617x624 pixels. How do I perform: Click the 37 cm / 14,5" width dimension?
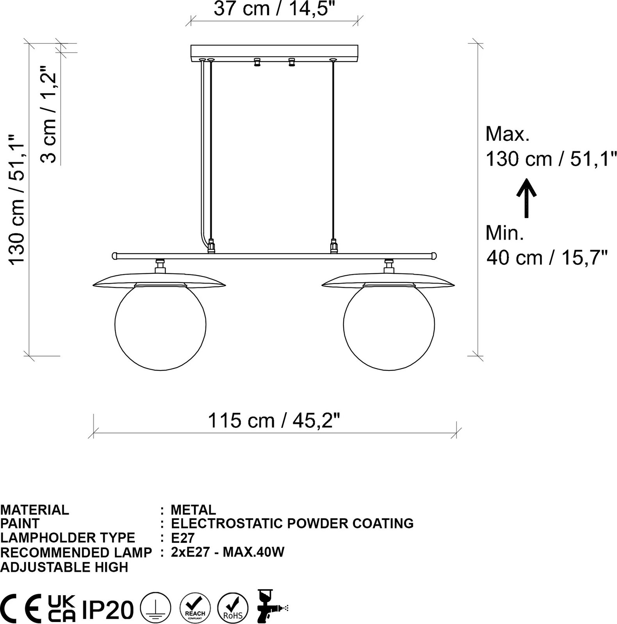(275, 9)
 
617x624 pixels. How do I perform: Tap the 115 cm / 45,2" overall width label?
(274, 421)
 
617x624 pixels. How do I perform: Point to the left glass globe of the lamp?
(160, 325)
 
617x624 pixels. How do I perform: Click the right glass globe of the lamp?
(389, 325)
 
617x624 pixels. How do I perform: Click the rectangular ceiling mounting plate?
(274, 53)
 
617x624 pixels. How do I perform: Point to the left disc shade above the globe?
(159, 279)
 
